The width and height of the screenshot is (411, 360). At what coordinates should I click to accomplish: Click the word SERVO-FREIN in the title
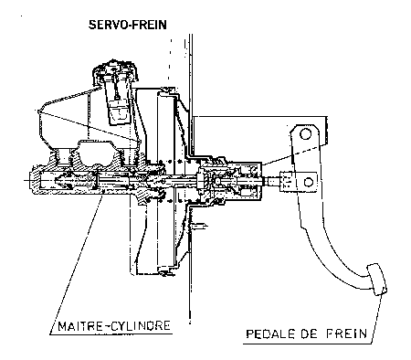pyautogui.click(x=128, y=25)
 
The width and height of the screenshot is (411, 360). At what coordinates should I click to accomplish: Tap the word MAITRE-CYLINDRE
pyautogui.click(x=114, y=326)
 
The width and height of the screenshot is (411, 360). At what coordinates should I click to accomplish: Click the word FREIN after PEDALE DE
pyautogui.click(x=346, y=334)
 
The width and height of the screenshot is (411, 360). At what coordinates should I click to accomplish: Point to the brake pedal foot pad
pyautogui.click(x=377, y=279)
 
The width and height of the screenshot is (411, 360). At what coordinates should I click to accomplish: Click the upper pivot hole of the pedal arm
pyautogui.click(x=305, y=134)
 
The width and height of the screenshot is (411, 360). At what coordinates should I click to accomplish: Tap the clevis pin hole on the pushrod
pyautogui.click(x=309, y=182)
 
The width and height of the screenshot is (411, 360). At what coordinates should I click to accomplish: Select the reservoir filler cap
pyautogui.click(x=115, y=70)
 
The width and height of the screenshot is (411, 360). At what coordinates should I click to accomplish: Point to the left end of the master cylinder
pyautogui.click(x=30, y=180)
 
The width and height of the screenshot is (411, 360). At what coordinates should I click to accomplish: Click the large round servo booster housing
pyautogui.click(x=158, y=181)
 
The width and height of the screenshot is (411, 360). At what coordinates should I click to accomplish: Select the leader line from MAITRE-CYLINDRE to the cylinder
pyautogui.click(x=76, y=266)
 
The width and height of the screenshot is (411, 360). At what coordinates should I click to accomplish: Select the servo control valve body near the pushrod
pyautogui.click(x=230, y=180)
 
